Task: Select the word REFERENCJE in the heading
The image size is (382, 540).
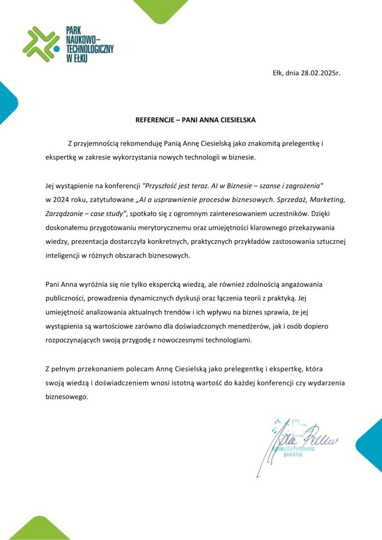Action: (x=156, y=120)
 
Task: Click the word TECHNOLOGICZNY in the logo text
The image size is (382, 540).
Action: (x=90, y=49)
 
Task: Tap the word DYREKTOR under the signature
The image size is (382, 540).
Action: (x=292, y=455)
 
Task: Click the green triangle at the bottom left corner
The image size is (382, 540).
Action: (x=40, y=530)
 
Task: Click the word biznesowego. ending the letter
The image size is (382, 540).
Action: (x=66, y=397)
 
